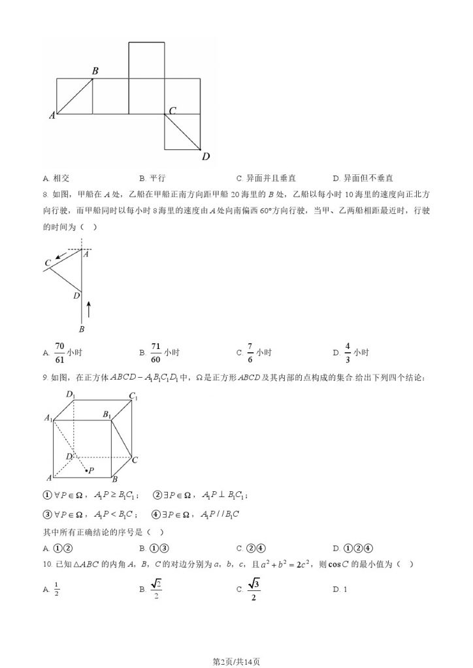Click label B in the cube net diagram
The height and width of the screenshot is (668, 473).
pos(95,70)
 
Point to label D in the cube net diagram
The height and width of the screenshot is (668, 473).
pos(206,156)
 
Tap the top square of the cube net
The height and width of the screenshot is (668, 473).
pos(146,60)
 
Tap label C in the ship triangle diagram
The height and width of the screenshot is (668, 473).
pos(48,263)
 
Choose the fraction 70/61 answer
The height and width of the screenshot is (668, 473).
pos(59,352)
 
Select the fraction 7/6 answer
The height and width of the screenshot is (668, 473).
pos(250,352)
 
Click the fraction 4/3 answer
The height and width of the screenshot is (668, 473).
pos(348,352)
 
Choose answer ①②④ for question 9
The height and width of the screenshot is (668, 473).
pos(353,548)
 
